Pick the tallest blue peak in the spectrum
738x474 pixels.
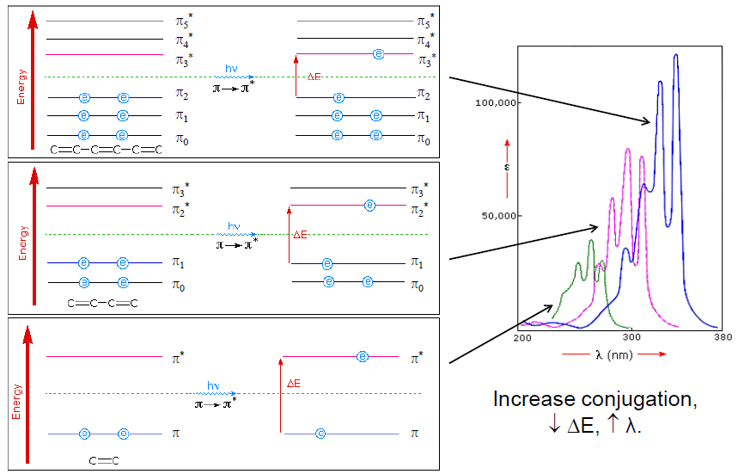[x=676, y=57]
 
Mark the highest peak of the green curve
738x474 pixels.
[x=590, y=243]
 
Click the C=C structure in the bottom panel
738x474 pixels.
[x=103, y=461]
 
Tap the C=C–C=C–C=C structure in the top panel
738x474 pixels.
[x=105, y=151]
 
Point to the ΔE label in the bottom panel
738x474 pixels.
[x=293, y=382]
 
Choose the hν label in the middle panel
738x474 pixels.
[x=234, y=226]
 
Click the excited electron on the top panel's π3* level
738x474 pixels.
[x=378, y=54]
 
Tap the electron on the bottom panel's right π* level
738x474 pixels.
[x=363, y=355]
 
